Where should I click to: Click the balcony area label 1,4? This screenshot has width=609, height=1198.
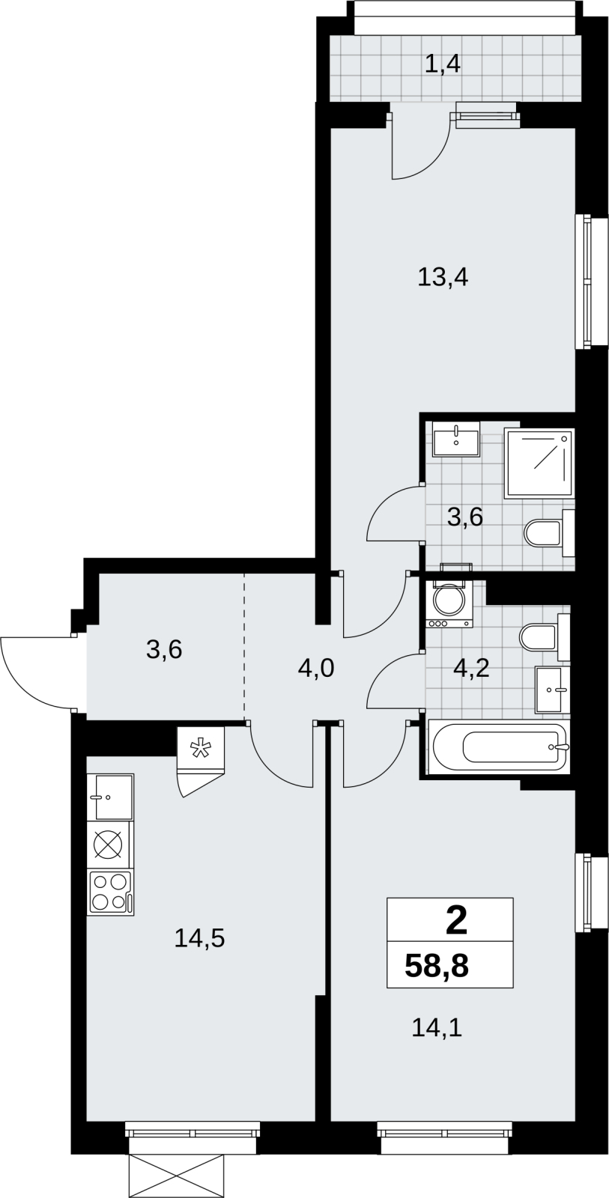(443, 64)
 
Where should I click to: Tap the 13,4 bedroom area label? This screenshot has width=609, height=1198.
(443, 278)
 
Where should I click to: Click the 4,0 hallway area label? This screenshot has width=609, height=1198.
(316, 669)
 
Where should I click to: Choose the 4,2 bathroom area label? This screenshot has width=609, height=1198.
(471, 668)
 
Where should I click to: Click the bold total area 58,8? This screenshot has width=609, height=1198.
(437, 967)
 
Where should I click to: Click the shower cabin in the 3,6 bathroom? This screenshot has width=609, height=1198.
(539, 462)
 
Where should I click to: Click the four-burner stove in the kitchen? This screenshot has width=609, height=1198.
(111, 892)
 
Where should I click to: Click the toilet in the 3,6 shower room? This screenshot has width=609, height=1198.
(549, 533)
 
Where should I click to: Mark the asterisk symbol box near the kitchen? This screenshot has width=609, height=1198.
(200, 749)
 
